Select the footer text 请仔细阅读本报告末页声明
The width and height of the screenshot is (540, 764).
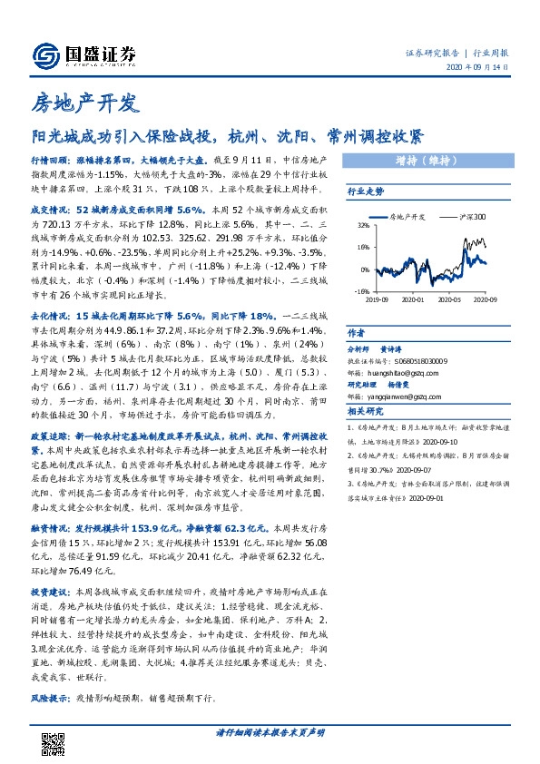click(270, 732)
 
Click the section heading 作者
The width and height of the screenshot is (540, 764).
click(355, 333)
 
